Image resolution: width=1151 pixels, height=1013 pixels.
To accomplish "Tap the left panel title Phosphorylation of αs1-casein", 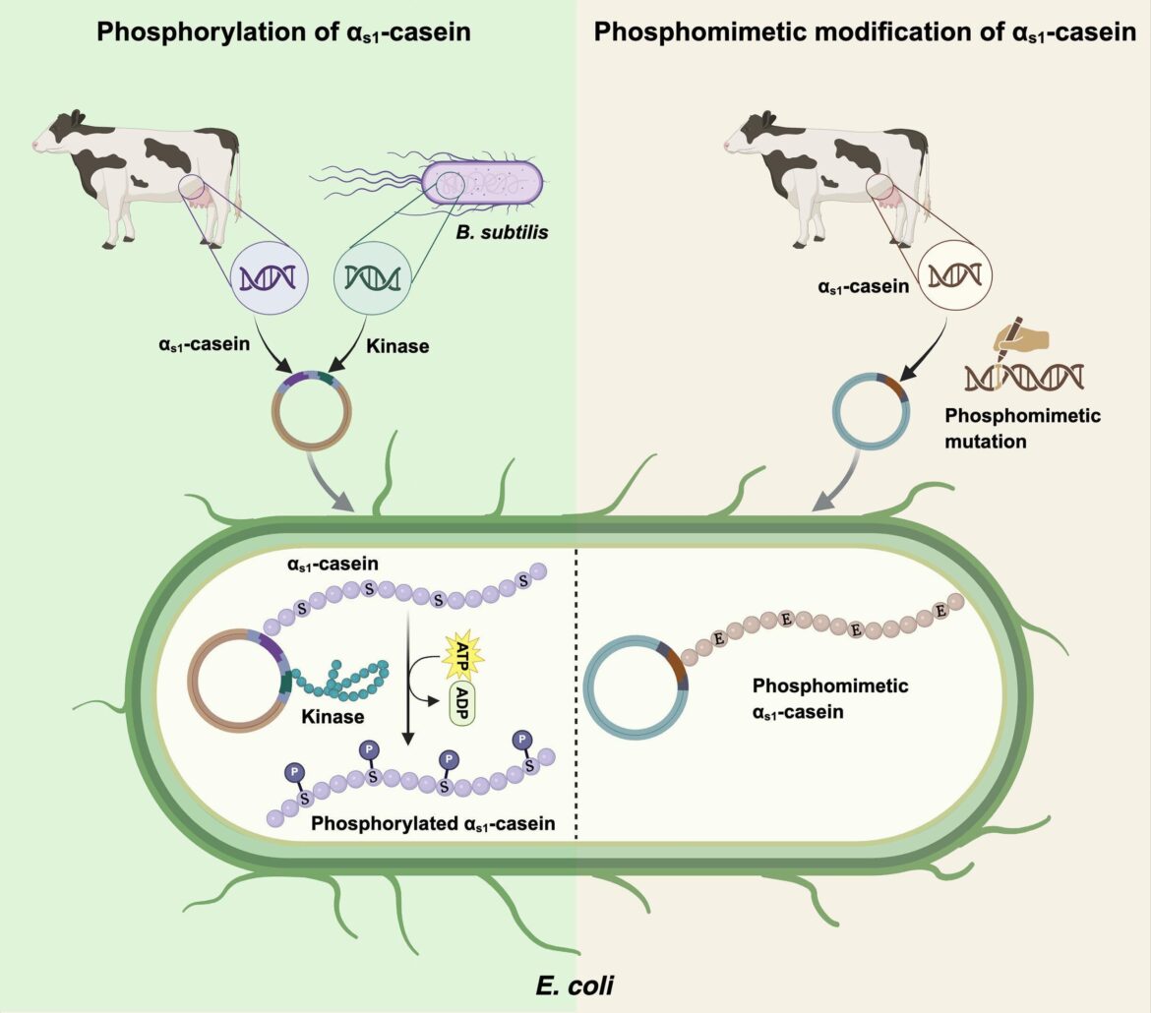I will tap(283, 32).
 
